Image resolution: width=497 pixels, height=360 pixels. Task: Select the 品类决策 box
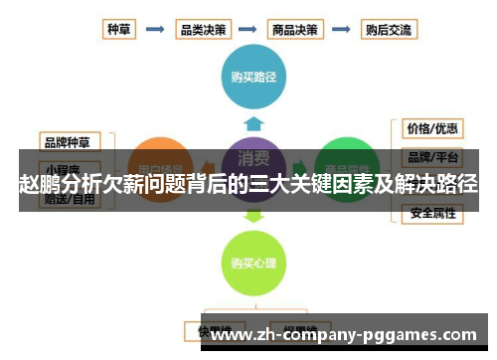(203, 30)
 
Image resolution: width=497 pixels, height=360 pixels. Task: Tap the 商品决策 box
(296, 30)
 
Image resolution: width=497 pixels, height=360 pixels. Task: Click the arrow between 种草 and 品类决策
(155, 30)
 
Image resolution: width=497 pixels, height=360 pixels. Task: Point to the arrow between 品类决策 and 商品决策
(249, 30)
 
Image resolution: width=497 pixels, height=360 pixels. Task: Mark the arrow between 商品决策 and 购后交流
(343, 30)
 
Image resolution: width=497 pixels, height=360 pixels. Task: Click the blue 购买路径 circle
(252, 76)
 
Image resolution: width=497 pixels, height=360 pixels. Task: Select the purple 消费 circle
(252, 159)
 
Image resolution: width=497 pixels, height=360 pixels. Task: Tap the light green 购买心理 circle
(252, 263)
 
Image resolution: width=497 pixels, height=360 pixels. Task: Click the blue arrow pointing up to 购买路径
(253, 123)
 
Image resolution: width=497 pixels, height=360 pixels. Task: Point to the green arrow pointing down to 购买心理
(253, 214)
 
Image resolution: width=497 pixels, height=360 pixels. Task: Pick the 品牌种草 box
(70, 140)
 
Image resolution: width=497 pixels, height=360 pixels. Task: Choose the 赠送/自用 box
(70, 199)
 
